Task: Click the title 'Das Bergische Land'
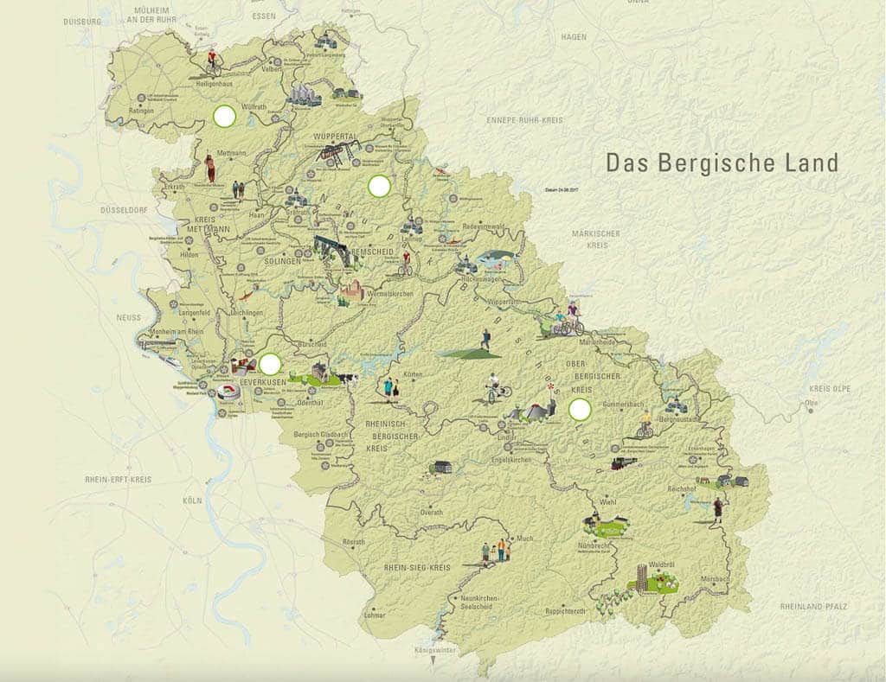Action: (722, 163)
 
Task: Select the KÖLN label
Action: (192, 500)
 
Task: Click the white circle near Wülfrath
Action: (225, 116)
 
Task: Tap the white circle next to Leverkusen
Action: (270, 364)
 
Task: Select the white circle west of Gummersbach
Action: (580, 409)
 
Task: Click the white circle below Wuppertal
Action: (379, 185)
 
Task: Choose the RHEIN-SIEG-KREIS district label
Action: (418, 567)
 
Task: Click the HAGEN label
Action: (573, 37)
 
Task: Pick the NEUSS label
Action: (128, 317)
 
